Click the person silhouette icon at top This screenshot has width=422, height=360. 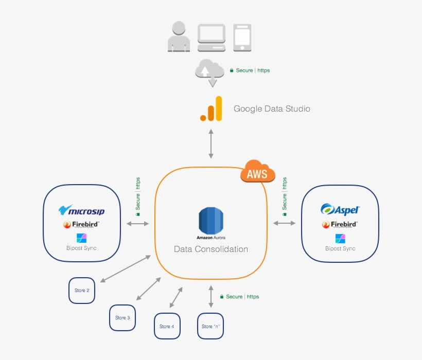(x=179, y=37)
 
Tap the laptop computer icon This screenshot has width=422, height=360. (x=211, y=37)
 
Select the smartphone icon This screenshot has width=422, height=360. (x=242, y=37)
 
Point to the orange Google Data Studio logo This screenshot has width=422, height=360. (x=212, y=109)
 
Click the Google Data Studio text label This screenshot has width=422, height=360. (x=272, y=109)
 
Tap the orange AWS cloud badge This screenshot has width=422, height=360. (x=257, y=173)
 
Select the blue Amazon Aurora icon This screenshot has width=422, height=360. (x=211, y=221)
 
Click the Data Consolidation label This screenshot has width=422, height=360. (x=211, y=249)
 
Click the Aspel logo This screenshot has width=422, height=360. (x=340, y=209)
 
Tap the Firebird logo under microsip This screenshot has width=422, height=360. (x=81, y=225)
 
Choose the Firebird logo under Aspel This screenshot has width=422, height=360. (x=340, y=225)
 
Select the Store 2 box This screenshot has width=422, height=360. (x=82, y=291)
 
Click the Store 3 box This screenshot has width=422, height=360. (x=122, y=318)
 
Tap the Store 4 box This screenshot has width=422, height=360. (x=167, y=327)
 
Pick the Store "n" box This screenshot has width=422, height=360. (x=210, y=327)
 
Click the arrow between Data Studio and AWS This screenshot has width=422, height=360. (x=210, y=144)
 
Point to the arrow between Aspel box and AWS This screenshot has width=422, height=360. (x=284, y=223)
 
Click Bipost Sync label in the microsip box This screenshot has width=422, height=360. (x=81, y=248)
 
